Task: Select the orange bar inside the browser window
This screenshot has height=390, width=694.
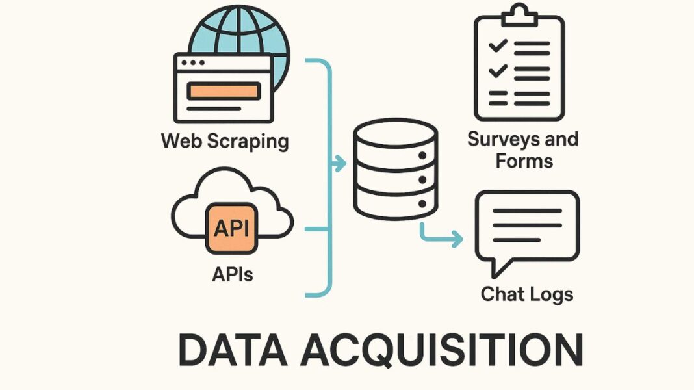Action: pyautogui.click(x=224, y=92)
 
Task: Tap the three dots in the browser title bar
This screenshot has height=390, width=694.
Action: pyautogui.click(x=193, y=64)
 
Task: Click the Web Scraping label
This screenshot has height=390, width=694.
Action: pyautogui.click(x=225, y=140)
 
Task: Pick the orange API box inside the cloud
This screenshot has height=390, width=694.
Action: pyautogui.click(x=231, y=229)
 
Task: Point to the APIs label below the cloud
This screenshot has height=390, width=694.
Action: pyautogui.click(x=232, y=274)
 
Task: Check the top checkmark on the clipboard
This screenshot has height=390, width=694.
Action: pyautogui.click(x=498, y=46)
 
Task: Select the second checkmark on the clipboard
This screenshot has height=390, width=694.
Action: pyautogui.click(x=498, y=70)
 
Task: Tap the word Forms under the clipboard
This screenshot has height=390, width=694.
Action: pyautogui.click(x=524, y=160)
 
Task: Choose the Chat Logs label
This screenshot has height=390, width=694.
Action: pyautogui.click(x=527, y=294)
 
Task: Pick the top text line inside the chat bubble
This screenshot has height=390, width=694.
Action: pyautogui.click(x=527, y=211)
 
